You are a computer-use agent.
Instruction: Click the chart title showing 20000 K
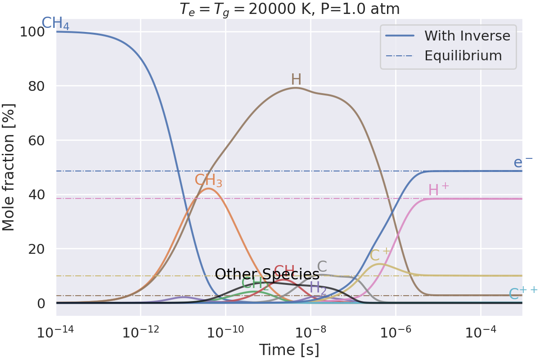289,9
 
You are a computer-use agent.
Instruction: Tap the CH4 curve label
55,23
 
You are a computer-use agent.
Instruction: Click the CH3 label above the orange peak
208,180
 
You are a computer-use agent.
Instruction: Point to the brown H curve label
296,80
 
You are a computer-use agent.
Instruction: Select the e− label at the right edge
523,162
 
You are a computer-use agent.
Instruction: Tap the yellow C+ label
380,256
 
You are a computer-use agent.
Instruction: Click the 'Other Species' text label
267,274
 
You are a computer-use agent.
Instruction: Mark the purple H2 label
318,288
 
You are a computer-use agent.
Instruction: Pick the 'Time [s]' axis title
289,349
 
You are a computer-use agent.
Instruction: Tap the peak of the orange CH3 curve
208,189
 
